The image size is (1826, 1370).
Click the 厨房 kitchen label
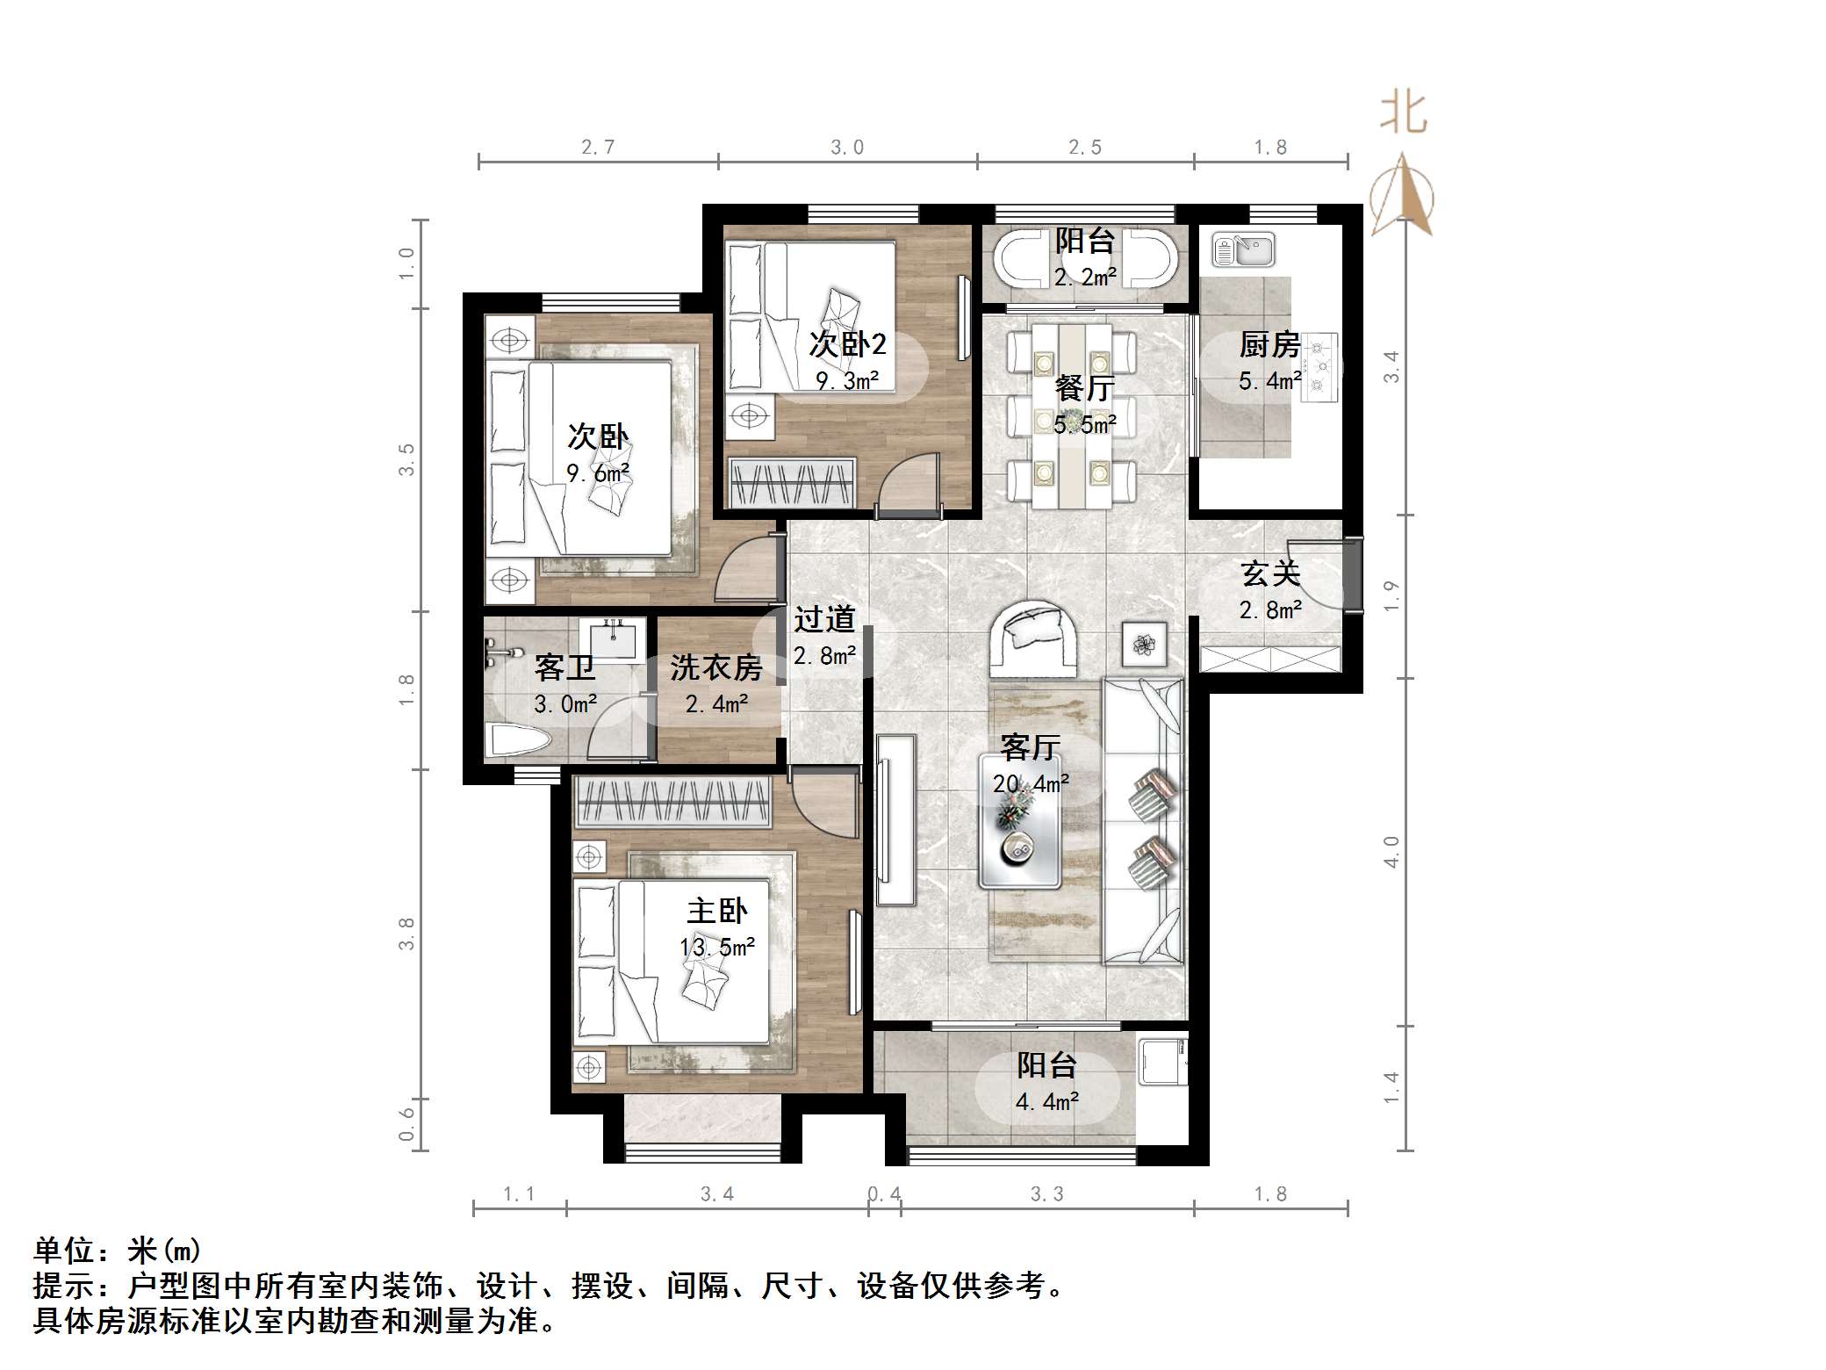coord(1269,345)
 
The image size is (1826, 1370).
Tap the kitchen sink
coord(1243,249)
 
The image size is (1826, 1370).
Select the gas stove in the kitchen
coord(1319,367)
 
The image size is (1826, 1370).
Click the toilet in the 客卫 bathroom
coord(521,739)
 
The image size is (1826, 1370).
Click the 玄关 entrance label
coord(1270,573)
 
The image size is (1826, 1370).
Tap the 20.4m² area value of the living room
coord(1031,783)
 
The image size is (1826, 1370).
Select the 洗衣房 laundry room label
coord(716,667)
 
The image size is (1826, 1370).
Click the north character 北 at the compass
coord(1404,113)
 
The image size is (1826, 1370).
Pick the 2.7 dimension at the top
coord(598,147)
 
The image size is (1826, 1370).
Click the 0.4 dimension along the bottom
coord(884,1193)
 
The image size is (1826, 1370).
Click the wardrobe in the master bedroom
coord(672,801)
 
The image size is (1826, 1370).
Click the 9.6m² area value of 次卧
coord(598,474)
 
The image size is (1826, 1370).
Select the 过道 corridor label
coord(824,619)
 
